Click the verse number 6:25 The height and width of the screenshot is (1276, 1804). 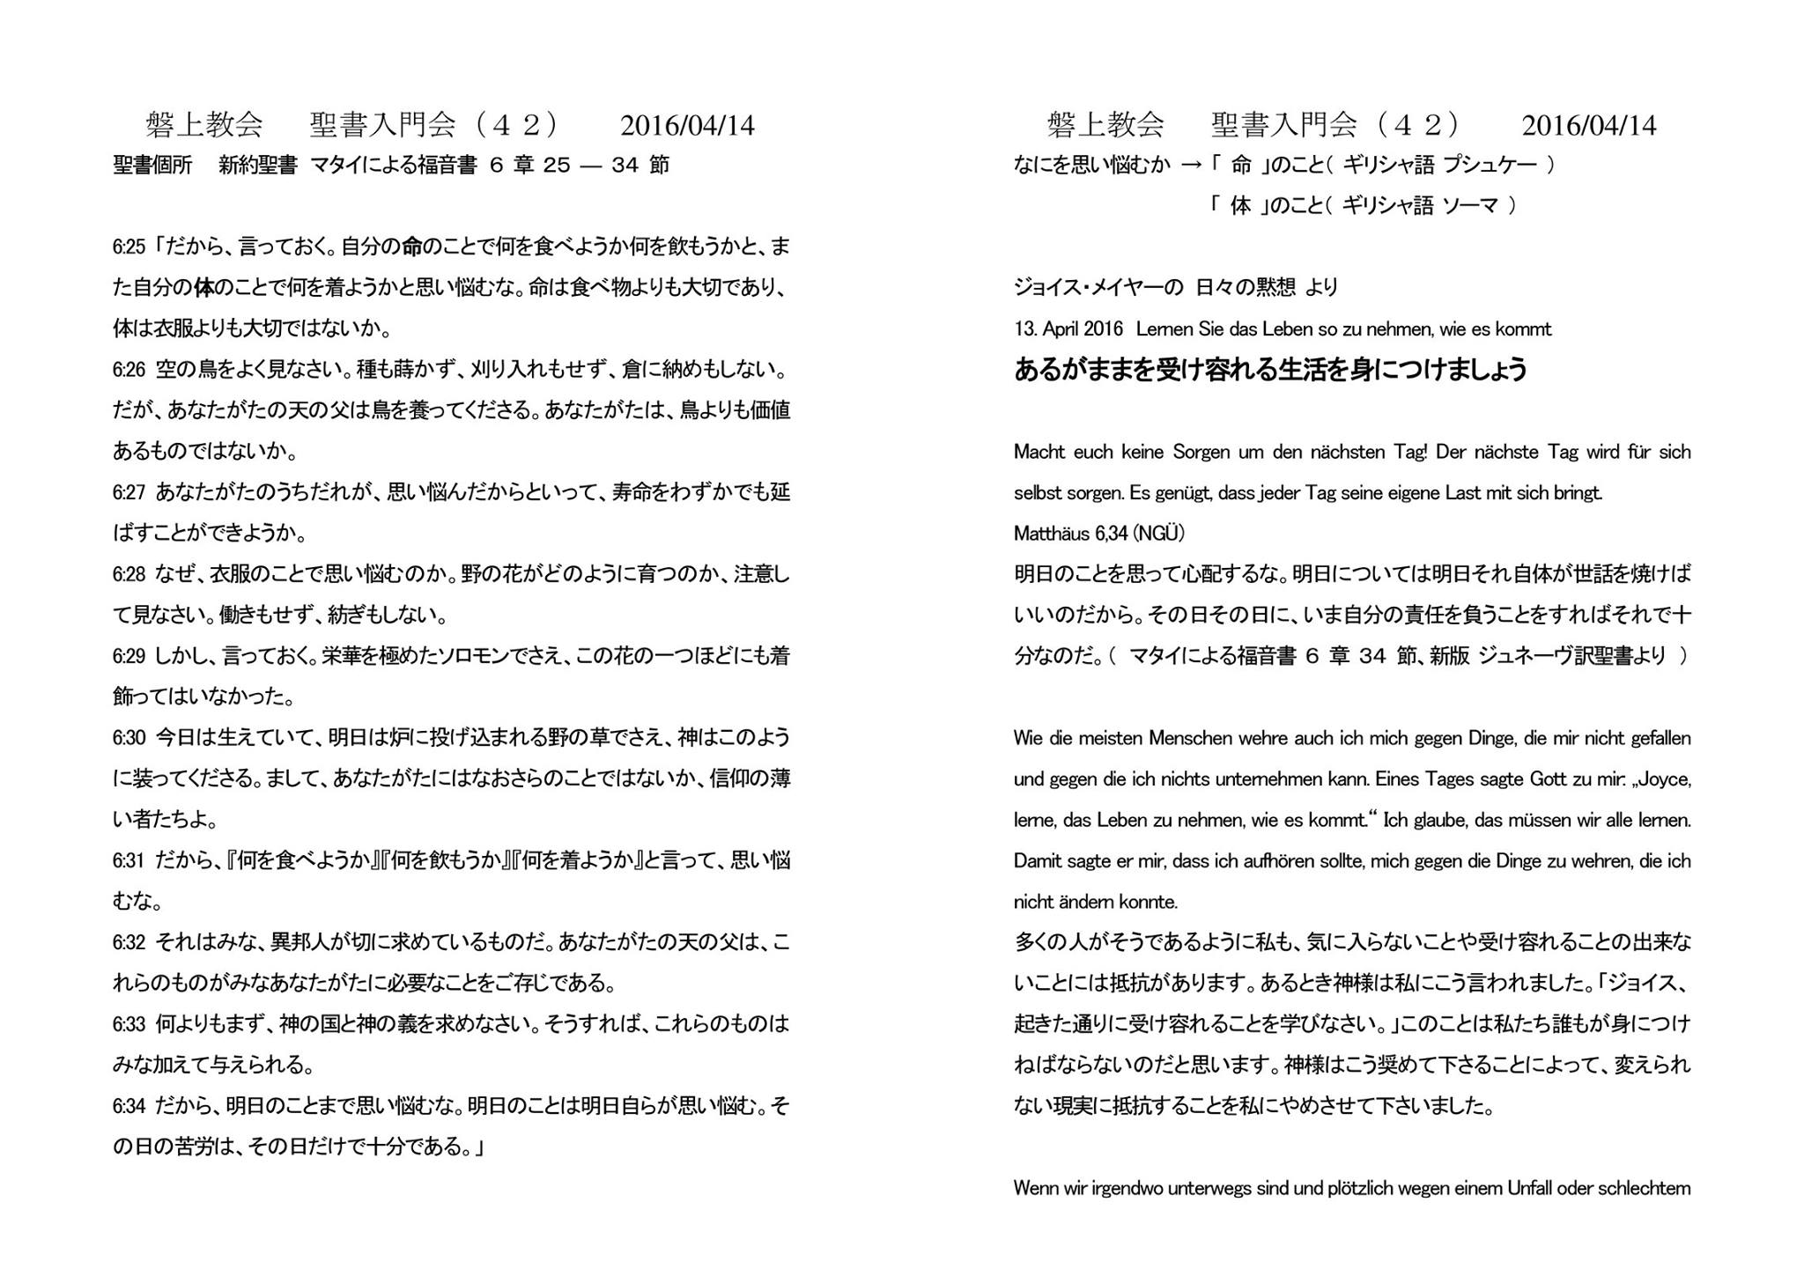tap(129, 247)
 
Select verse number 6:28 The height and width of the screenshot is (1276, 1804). tap(129, 575)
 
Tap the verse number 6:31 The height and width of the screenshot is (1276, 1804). tap(129, 860)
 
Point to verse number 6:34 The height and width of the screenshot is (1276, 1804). tap(129, 1106)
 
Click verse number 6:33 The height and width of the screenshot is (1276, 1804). tap(129, 1024)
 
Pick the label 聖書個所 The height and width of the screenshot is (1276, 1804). tap(152, 166)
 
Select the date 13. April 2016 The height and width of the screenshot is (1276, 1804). tap(1068, 329)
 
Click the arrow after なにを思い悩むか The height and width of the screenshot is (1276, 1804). tap(1191, 165)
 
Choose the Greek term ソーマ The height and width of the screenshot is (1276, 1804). tap(1470, 206)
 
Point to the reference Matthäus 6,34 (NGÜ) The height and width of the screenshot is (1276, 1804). tap(1098, 534)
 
